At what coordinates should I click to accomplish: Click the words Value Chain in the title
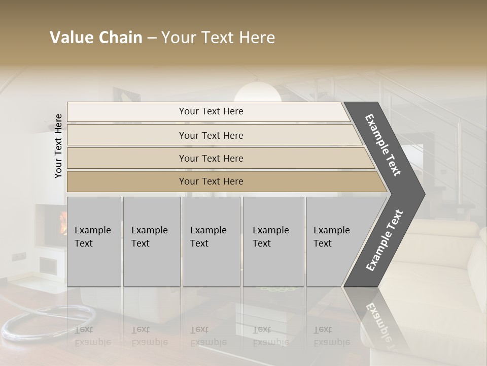click(96, 38)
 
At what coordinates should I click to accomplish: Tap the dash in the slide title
click(152, 38)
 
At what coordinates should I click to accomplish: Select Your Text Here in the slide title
click(218, 38)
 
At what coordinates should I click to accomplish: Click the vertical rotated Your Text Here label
click(59, 146)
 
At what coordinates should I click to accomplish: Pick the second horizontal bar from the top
click(211, 135)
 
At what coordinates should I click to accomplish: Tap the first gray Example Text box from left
click(94, 241)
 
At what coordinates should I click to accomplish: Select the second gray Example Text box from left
click(152, 241)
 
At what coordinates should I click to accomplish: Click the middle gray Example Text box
click(211, 241)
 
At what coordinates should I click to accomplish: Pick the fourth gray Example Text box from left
click(273, 241)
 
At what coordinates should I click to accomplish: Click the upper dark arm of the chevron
click(383, 145)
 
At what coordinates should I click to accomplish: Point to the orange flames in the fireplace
click(63, 223)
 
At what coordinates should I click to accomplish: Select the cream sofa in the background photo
click(446, 264)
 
